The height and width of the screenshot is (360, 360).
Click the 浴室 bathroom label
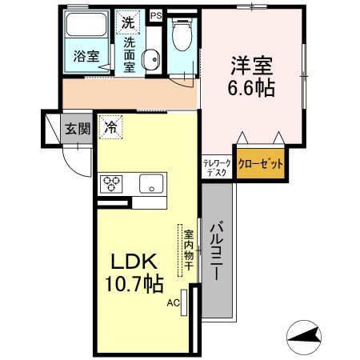click(x=86, y=56)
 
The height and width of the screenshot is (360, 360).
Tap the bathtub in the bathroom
click(x=86, y=24)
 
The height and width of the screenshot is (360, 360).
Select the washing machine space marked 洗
click(x=128, y=22)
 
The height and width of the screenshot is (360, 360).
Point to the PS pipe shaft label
click(x=156, y=16)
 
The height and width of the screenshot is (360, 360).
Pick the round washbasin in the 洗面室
click(x=151, y=59)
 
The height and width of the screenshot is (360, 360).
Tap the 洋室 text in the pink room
click(x=252, y=66)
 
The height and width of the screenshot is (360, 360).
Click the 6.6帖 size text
click(x=251, y=88)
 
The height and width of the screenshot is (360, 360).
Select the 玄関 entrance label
click(x=78, y=129)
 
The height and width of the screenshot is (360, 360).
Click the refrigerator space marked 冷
click(x=110, y=127)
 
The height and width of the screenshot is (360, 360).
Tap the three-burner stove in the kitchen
click(x=111, y=184)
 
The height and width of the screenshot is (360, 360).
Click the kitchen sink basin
click(x=151, y=183)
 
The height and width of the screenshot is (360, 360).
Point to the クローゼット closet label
click(x=260, y=164)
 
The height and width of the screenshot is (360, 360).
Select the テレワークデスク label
click(x=217, y=167)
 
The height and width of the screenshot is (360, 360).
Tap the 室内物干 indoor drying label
click(x=188, y=250)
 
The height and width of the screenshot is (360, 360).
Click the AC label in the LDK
click(x=174, y=303)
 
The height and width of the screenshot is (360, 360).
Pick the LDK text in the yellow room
click(x=134, y=262)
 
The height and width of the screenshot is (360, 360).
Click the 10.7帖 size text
click(x=134, y=284)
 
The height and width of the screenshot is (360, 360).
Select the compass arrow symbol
click(x=304, y=338)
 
